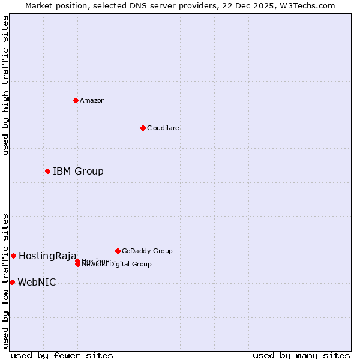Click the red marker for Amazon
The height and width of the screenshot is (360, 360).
[x=76, y=100]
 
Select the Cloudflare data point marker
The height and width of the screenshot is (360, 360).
[x=143, y=128]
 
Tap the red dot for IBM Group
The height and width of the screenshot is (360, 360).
[x=47, y=172]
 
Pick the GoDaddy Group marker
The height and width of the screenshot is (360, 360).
[x=118, y=251]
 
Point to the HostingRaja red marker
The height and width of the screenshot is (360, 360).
[x=13, y=256]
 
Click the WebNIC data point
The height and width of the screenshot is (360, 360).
[x=12, y=282]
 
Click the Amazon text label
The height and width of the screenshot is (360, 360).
[x=92, y=100]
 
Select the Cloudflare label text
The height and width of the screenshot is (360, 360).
[x=163, y=128]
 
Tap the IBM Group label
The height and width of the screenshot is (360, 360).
[x=78, y=172]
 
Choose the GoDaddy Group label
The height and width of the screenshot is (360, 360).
[x=147, y=251]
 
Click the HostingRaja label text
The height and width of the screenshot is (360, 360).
[x=47, y=256]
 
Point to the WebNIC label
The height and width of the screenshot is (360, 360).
[x=37, y=283]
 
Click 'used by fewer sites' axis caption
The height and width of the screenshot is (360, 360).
[x=62, y=356]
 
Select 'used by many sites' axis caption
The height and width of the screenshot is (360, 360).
[x=301, y=356]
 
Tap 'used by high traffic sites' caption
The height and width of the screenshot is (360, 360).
[x=6, y=85]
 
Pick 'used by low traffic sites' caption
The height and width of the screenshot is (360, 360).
[x=6, y=280]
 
